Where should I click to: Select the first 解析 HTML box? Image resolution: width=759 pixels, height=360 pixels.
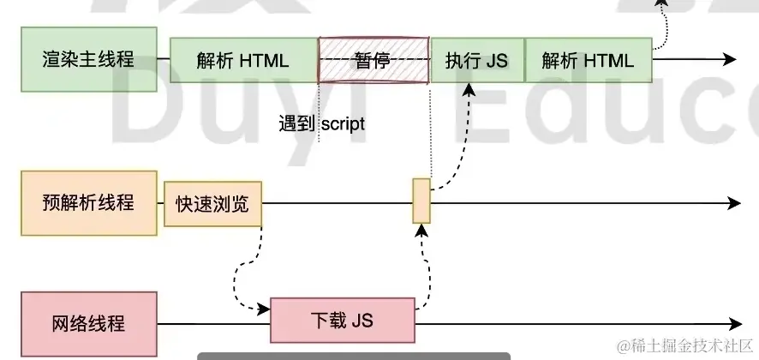pos(243,60)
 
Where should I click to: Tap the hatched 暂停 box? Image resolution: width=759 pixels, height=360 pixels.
pos(374,60)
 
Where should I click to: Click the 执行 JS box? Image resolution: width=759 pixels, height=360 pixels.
pos(476,60)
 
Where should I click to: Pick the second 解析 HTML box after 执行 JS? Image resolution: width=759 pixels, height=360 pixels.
pos(588,60)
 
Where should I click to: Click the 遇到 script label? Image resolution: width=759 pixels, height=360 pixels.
pos(321,124)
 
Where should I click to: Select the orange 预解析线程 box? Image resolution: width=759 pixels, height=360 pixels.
pos(89,203)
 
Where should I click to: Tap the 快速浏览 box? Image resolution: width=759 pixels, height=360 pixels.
pos(212,204)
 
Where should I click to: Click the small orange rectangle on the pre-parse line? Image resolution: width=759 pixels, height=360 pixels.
pos(421,201)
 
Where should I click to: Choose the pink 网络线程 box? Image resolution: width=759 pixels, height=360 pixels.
pos(89,324)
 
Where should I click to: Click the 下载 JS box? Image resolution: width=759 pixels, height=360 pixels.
pos(342,321)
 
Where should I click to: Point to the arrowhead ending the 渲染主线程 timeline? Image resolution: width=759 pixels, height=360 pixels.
pos(729,60)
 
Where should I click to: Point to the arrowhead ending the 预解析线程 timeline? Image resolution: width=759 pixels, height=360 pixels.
pos(733,203)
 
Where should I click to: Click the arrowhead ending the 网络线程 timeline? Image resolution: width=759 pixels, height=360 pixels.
pos(733,325)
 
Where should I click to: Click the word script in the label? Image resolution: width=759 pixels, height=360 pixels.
pos(343,124)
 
